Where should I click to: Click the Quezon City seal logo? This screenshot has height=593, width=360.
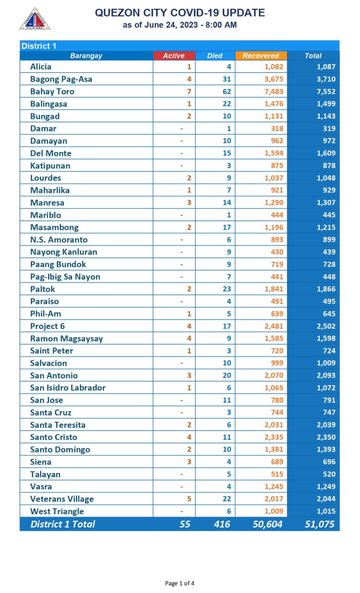click(x=35, y=19)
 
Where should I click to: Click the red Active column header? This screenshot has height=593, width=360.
click(x=174, y=56)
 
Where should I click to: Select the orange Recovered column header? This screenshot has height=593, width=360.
click(x=261, y=56)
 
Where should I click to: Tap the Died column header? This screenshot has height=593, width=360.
click(x=215, y=56)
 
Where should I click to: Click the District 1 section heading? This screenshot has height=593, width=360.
click(x=39, y=45)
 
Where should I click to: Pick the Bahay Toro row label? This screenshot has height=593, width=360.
click(x=52, y=91)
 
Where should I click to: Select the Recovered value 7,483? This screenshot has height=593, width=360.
click(x=273, y=91)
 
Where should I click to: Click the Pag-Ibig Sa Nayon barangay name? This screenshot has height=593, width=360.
click(x=65, y=277)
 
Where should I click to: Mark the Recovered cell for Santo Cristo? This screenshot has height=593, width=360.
click(x=273, y=437)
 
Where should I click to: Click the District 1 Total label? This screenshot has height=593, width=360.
click(x=63, y=524)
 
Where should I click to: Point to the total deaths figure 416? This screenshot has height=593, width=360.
click(x=222, y=524)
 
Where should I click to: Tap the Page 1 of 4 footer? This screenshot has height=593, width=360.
click(x=180, y=583)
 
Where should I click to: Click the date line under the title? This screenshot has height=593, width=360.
click(x=180, y=25)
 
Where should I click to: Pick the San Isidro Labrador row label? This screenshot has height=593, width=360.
click(x=68, y=388)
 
